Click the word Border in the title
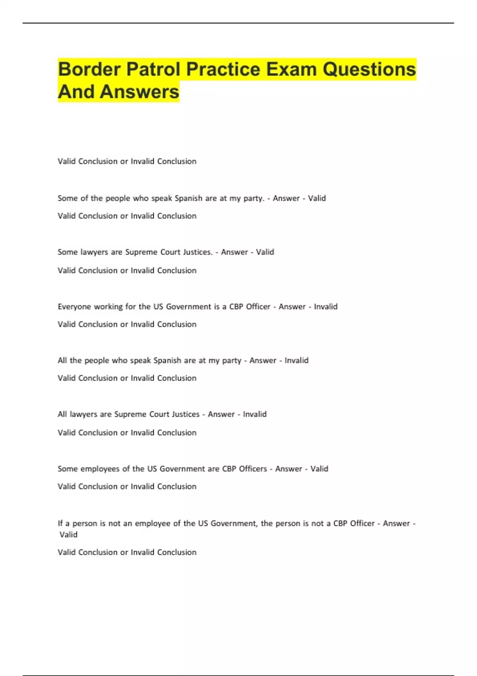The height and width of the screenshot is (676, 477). [x=89, y=69]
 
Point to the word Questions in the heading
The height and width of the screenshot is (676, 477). [x=369, y=69]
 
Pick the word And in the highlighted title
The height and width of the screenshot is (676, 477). [x=76, y=92]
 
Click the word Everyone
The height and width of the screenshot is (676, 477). [x=74, y=307]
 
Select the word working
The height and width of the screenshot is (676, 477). [x=108, y=307]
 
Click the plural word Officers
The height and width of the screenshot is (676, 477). [x=252, y=469]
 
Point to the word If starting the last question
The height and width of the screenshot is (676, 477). [x=60, y=523]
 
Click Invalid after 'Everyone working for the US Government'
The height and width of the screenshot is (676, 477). [x=326, y=307]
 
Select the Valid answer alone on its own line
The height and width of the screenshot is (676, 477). [x=68, y=535]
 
